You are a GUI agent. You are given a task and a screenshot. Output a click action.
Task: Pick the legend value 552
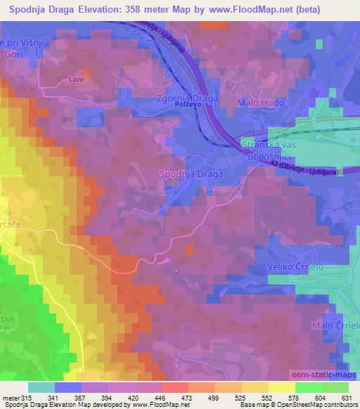pyautogui.click(x=264, y=398)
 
